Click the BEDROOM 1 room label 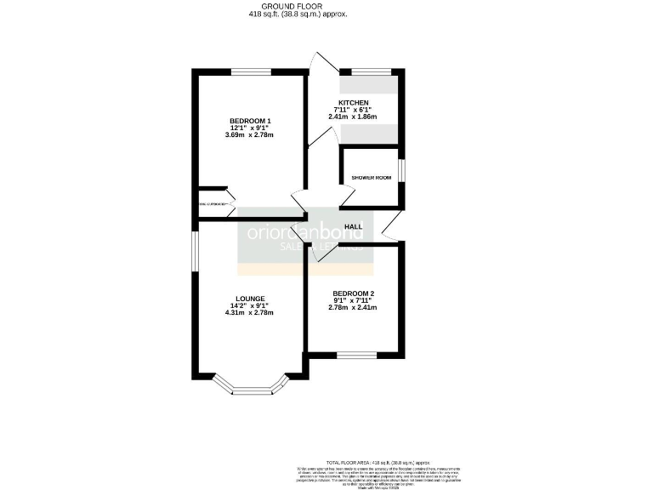point(250,120)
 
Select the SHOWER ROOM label point(371,178)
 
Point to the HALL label point(354,226)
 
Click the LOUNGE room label point(249,298)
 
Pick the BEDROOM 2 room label point(353,293)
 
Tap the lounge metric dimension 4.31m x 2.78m point(249,313)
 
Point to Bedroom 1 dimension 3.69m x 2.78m point(250,134)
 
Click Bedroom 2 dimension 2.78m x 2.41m point(353,308)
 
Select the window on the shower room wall point(401,169)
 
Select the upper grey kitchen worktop point(368,84)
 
